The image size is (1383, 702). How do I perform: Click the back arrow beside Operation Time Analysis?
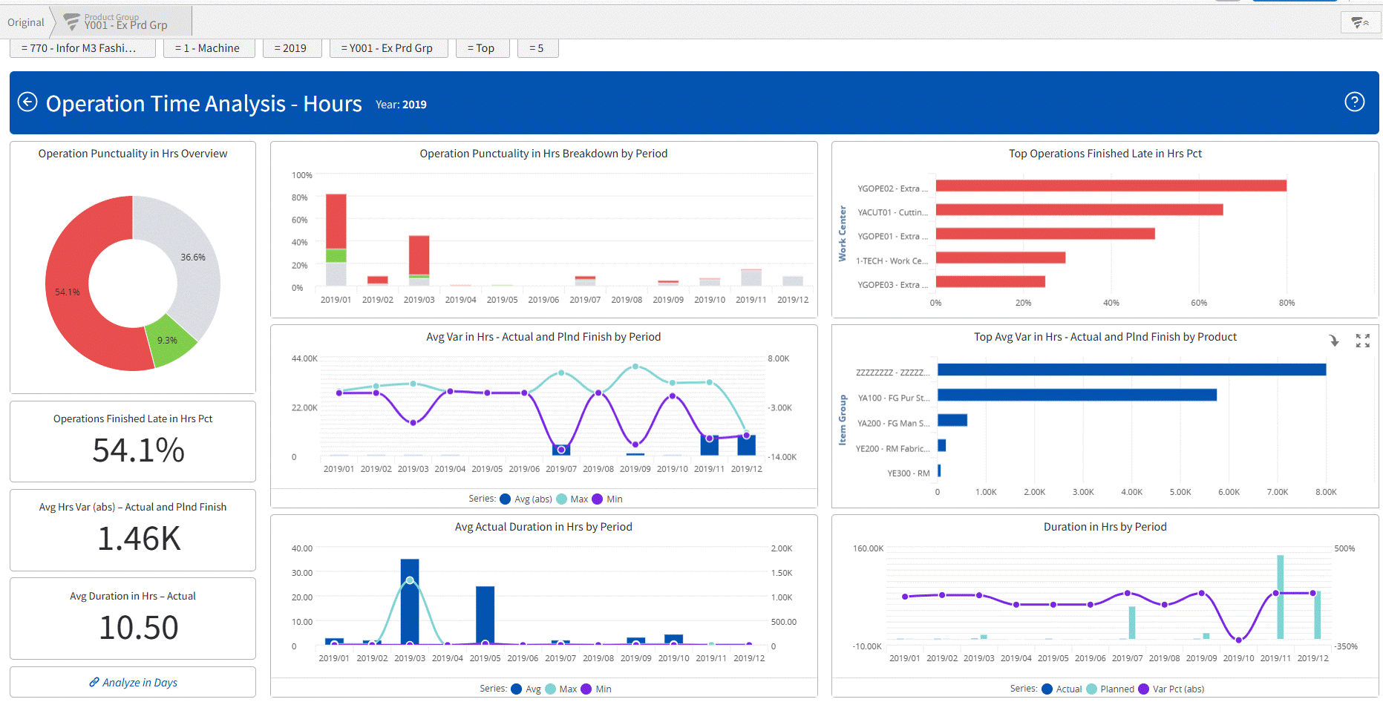pyautogui.click(x=27, y=102)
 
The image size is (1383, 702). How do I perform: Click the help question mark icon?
pyautogui.click(x=1354, y=102)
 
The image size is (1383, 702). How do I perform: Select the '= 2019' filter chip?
pyautogui.click(x=290, y=48)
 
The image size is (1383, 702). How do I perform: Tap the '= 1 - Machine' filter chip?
pyautogui.click(x=207, y=48)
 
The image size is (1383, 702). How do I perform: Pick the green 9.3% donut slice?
pyautogui.click(x=170, y=341)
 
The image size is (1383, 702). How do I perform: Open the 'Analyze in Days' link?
pyautogui.click(x=134, y=683)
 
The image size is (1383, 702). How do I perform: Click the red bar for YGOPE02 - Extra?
pyautogui.click(x=1111, y=186)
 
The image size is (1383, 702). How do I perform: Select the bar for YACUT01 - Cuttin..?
pyautogui.click(x=1079, y=210)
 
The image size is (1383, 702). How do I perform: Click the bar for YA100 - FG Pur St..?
pyautogui.click(x=1076, y=395)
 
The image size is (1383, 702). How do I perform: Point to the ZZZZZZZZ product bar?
pyautogui.click(x=1131, y=370)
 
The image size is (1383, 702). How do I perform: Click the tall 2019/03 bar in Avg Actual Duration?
pyautogui.click(x=410, y=601)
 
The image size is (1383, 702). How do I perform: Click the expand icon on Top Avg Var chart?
pyautogui.click(x=1362, y=341)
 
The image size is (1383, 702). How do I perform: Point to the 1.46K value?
pyautogui.click(x=139, y=539)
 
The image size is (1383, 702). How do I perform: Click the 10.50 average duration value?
pyautogui.click(x=139, y=628)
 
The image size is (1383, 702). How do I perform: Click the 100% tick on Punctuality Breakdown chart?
pyautogui.click(x=302, y=175)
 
